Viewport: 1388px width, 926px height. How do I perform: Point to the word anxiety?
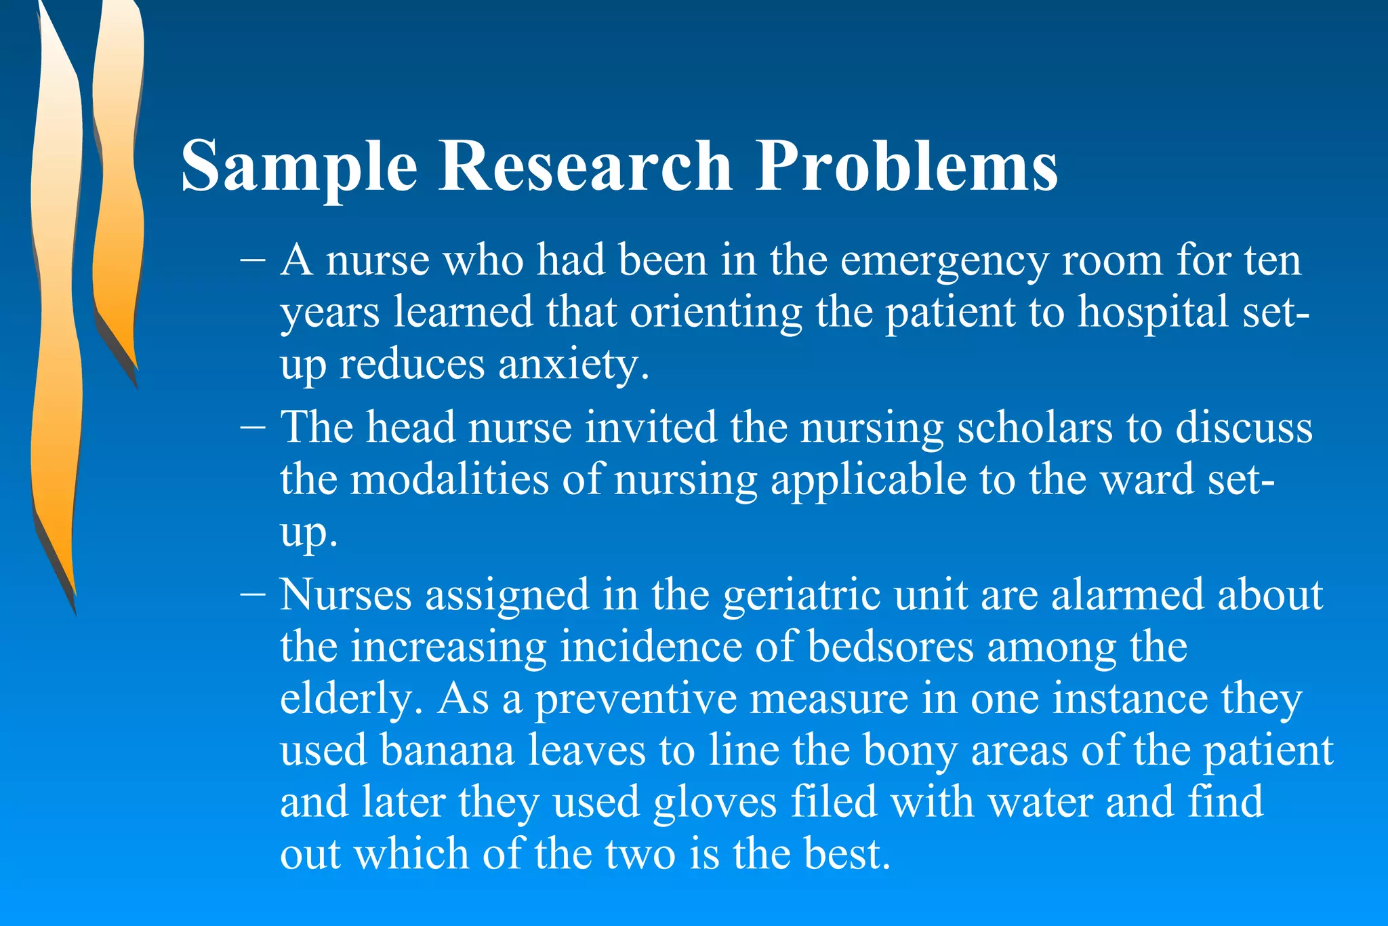tap(573, 364)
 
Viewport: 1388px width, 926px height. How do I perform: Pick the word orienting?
tap(715, 313)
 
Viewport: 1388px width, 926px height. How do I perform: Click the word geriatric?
tap(802, 595)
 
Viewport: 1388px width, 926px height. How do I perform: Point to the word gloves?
tap(715, 802)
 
